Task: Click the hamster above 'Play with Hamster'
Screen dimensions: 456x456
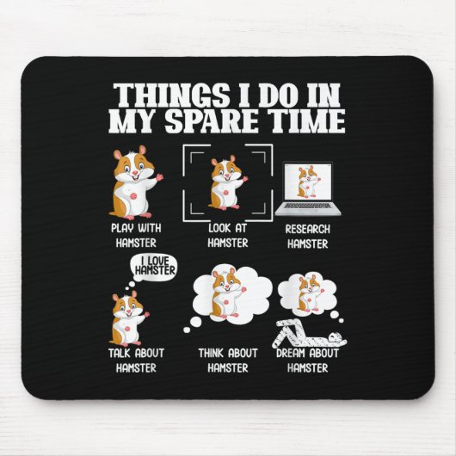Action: point(134,182)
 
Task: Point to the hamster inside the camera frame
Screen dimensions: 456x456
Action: point(226,182)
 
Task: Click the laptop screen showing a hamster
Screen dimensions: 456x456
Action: point(308,182)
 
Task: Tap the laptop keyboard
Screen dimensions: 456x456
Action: point(308,207)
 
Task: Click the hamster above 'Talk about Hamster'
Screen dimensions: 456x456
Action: point(127,317)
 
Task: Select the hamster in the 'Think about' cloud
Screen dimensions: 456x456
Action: point(226,294)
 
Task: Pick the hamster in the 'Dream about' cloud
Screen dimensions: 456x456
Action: point(307,294)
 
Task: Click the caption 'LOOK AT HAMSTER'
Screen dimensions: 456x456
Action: point(226,234)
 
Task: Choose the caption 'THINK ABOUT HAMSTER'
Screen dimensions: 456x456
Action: point(226,360)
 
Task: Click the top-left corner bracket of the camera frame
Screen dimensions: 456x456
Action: point(188,150)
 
